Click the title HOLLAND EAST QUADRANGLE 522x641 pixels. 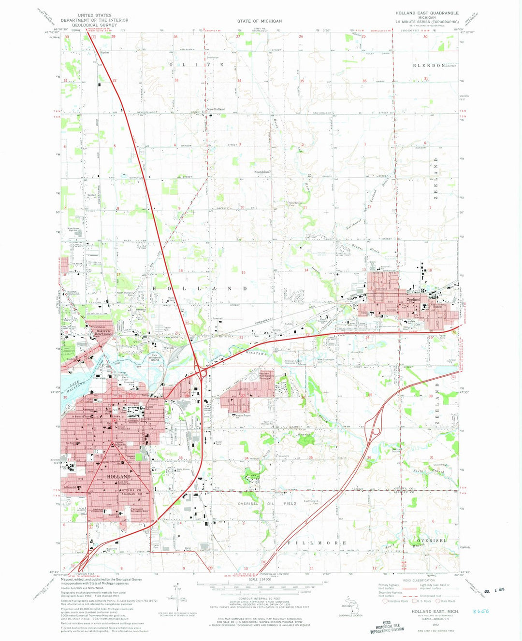coord(427,13)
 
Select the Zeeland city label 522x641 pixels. coord(413,299)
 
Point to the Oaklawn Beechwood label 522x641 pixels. coord(103,332)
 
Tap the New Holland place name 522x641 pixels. coord(216,109)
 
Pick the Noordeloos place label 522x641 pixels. coord(262,171)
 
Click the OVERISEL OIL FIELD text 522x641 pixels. coord(267,503)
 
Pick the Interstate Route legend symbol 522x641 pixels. coord(385,601)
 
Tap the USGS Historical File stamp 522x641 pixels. coord(387,627)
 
